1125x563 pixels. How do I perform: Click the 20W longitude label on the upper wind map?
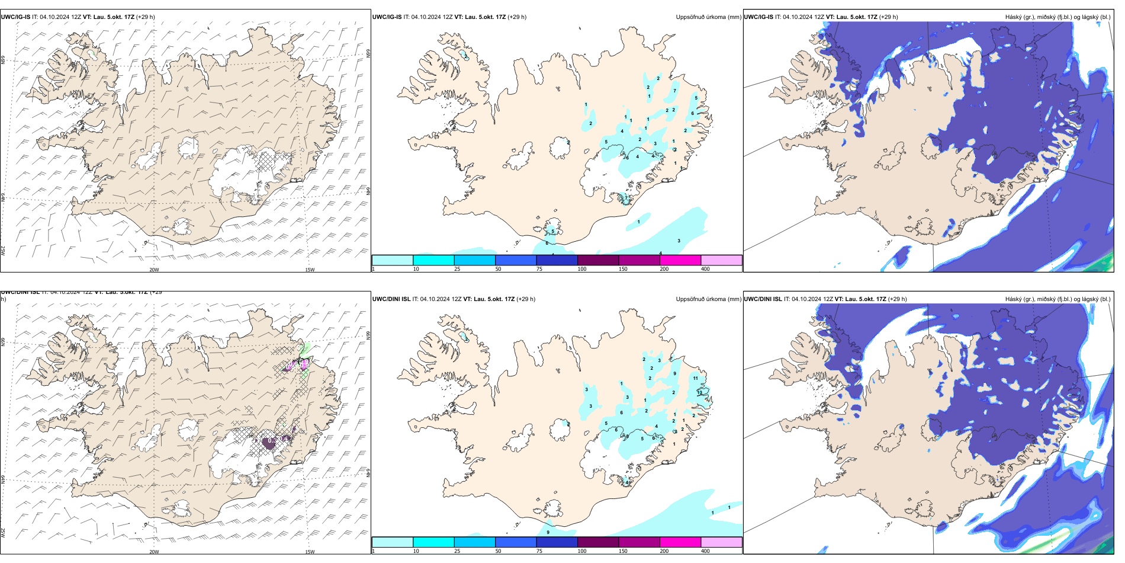[x=154, y=270]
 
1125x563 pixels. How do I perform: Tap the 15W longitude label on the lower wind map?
[x=310, y=552]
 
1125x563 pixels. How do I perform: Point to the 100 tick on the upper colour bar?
[x=582, y=269]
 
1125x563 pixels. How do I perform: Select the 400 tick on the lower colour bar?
[x=705, y=551]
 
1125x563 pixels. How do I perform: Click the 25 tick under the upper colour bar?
[x=457, y=269]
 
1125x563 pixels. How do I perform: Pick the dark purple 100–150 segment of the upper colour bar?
[x=597, y=260]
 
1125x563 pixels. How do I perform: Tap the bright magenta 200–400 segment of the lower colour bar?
[x=680, y=542]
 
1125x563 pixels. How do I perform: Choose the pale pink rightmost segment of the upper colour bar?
[x=721, y=260]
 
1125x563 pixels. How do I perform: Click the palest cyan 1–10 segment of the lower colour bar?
[x=392, y=542]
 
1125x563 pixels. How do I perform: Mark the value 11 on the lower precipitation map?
[x=695, y=378]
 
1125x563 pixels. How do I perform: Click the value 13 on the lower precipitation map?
[x=699, y=392]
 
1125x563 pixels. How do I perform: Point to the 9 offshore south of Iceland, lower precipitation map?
[x=548, y=532]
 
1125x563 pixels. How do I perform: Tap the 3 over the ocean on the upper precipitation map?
[x=679, y=241]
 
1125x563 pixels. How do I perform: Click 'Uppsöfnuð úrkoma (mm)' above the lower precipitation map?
[x=708, y=299]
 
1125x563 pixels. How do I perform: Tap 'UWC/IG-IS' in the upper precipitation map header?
[x=387, y=17]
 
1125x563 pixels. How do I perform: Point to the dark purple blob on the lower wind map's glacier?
[x=269, y=442]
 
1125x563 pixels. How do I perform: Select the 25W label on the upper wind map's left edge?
[x=3, y=251]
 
